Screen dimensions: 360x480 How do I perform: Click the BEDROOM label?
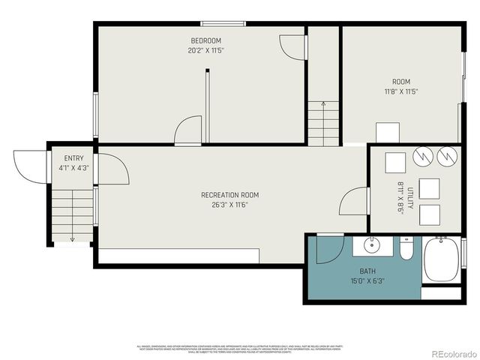click(x=205, y=40)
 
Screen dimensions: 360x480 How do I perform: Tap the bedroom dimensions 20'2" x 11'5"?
click(x=205, y=50)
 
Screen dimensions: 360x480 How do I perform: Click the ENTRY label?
click(x=73, y=158)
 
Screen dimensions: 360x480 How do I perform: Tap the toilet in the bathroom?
click(x=406, y=248)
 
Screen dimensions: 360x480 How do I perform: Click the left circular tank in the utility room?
click(x=422, y=155)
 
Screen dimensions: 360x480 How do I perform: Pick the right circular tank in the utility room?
click(x=448, y=155)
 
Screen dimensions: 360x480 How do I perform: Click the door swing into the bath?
click(x=328, y=250)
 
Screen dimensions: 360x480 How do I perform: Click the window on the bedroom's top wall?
click(x=214, y=23)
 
